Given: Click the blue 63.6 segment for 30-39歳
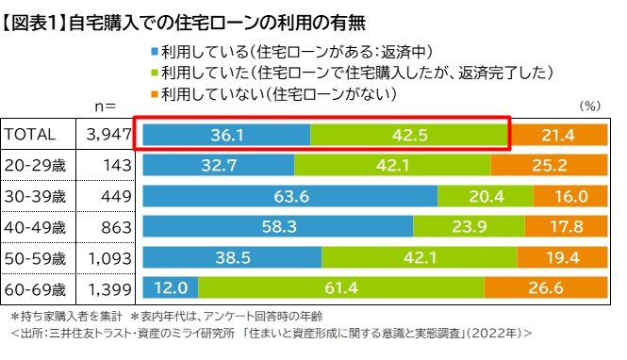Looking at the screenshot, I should [x=289, y=196].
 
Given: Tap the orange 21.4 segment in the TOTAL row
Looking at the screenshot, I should [x=560, y=135].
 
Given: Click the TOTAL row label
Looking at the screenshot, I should [x=31, y=135].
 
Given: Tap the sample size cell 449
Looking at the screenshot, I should [x=112, y=196].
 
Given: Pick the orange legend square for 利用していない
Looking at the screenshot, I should [x=155, y=94].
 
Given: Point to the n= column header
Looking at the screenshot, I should [x=105, y=106].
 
